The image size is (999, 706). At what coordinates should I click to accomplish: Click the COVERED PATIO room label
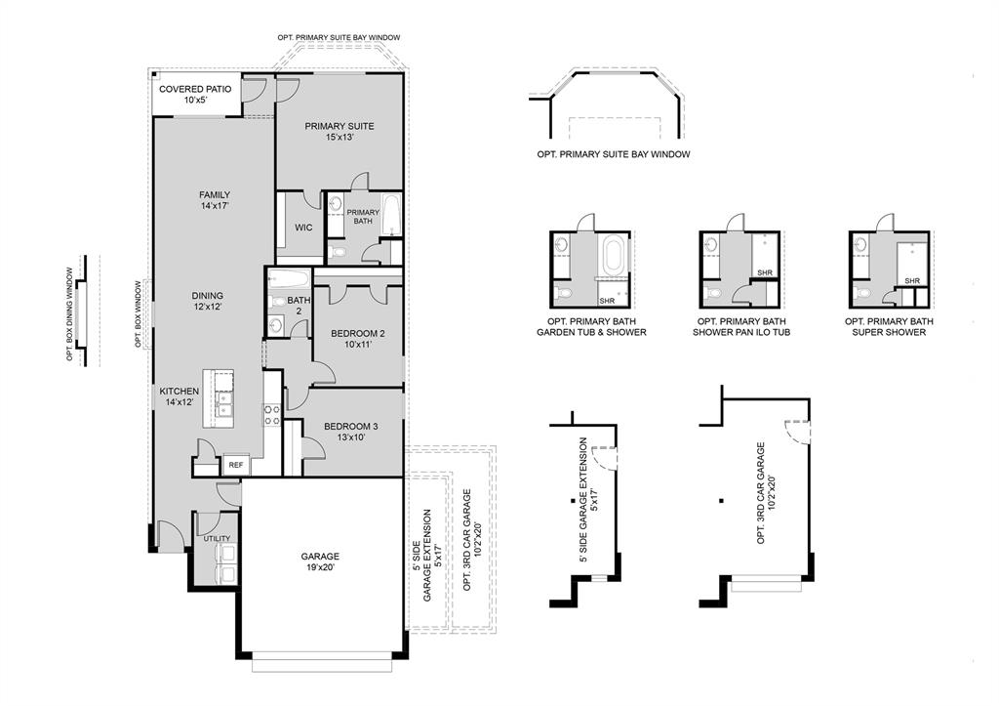[x=195, y=94]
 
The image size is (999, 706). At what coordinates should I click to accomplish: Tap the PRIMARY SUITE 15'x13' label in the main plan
[x=339, y=131]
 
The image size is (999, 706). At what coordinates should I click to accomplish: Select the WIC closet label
[x=303, y=228]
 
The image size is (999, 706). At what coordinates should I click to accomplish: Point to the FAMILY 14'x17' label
[x=214, y=200]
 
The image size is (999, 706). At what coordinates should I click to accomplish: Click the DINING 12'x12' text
[x=207, y=301]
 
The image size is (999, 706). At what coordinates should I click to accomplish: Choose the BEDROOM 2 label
[x=357, y=338]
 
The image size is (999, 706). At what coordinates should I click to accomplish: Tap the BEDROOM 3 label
[x=351, y=432]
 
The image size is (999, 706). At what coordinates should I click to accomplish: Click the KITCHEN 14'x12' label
[x=180, y=395]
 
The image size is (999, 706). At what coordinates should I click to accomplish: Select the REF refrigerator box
[x=235, y=466]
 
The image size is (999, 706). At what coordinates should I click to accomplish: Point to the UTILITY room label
[x=217, y=539]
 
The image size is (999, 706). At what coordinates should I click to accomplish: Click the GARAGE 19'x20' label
[x=320, y=561]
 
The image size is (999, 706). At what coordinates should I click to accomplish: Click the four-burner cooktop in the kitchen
[x=272, y=415]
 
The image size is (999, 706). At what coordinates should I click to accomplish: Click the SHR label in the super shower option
[x=911, y=281]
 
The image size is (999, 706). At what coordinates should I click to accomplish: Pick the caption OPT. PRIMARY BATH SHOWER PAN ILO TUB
[x=741, y=327]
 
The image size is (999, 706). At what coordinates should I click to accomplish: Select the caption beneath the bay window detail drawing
[x=614, y=154]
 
